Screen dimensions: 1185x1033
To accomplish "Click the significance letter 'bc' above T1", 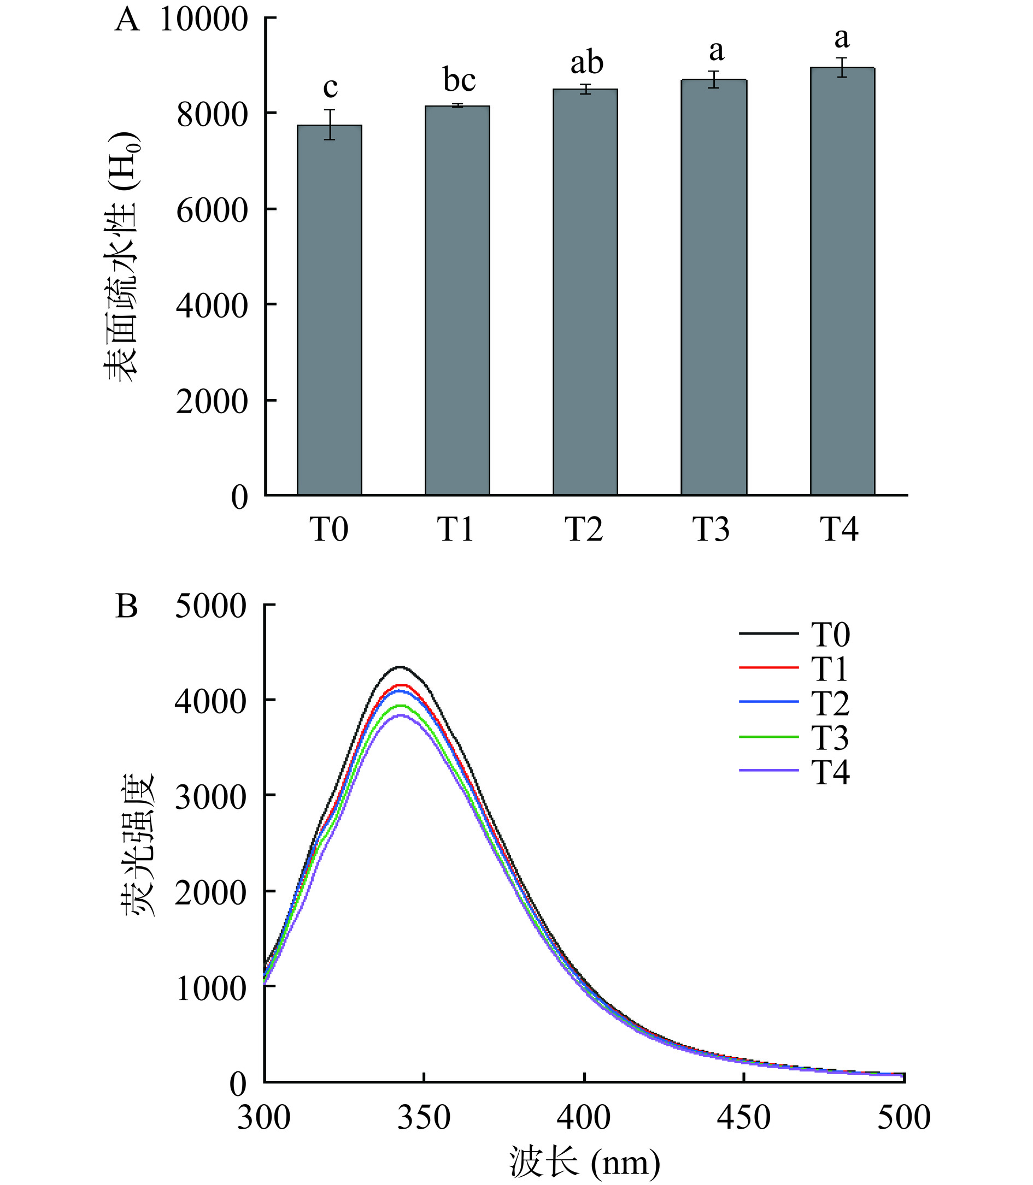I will (x=460, y=80).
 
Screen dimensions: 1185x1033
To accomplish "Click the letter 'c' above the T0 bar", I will (x=330, y=87).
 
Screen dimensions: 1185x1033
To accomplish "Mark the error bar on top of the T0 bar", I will (x=329, y=125).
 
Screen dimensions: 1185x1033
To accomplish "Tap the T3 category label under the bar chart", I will (x=711, y=529).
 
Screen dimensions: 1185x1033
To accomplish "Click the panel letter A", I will (x=127, y=20).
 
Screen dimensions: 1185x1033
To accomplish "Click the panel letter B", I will (x=127, y=607).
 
